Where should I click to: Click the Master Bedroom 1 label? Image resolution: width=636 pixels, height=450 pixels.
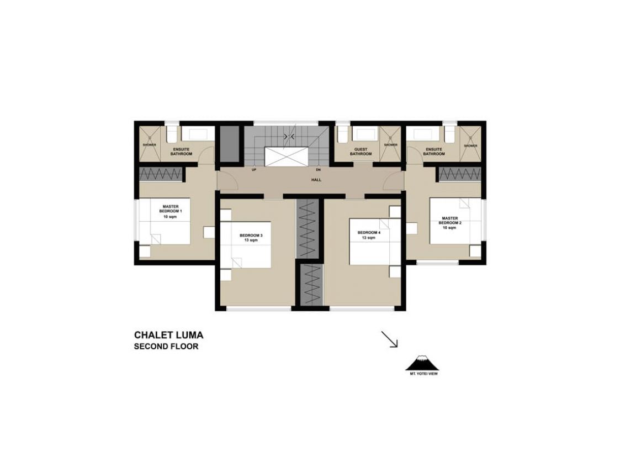[x=171, y=212]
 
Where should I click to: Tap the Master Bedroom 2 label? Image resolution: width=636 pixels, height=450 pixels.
[x=450, y=223]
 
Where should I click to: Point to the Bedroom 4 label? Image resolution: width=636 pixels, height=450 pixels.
[x=369, y=235]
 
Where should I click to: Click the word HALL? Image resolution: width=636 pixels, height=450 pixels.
[x=316, y=180]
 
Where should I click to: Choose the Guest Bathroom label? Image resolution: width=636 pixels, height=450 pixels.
[x=361, y=151]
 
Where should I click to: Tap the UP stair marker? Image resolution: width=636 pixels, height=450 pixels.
[x=255, y=170]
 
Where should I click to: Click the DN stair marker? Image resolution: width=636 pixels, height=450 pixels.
[x=318, y=170]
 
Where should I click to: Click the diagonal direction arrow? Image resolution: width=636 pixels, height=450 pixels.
[x=389, y=339]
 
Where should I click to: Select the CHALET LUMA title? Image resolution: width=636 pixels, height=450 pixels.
[x=169, y=336]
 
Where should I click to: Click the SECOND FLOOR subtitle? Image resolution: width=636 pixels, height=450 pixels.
[x=166, y=347]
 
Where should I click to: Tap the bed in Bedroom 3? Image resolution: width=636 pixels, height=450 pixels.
[x=246, y=245]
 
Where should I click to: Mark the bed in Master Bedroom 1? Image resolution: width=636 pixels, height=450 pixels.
[x=165, y=221]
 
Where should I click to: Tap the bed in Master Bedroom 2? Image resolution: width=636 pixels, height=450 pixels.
[x=455, y=221]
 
